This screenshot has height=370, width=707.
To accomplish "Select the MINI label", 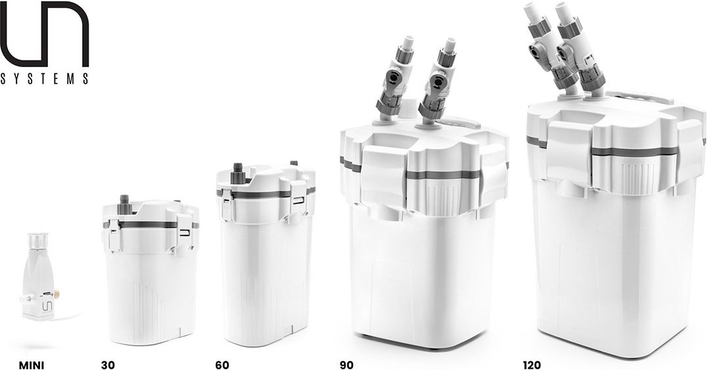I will tap(32, 364).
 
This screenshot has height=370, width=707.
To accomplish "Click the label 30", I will tap(108, 364).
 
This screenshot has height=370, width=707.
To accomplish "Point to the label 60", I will tap(222, 364).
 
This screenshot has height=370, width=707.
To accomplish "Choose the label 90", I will tap(346, 364).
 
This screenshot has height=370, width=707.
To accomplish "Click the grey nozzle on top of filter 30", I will tap(122, 201).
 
